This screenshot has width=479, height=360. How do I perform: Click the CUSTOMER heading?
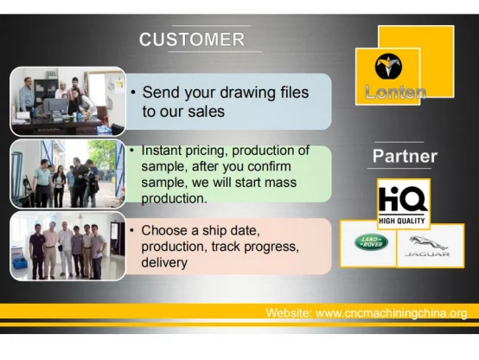(192, 40)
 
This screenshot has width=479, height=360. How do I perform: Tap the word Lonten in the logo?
(395, 92)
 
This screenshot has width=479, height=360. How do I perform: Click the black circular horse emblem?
(388, 67)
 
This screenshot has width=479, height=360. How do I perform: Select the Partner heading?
(405, 157)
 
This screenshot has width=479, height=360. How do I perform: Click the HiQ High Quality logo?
(404, 204)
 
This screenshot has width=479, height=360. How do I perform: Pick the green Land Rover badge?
(371, 242)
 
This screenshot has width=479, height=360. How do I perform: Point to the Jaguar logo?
(427, 247)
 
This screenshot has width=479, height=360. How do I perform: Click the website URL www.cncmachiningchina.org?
(392, 313)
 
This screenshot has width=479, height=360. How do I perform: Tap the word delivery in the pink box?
(164, 263)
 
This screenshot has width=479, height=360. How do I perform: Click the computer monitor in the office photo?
(55, 106)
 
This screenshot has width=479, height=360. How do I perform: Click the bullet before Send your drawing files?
(133, 92)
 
